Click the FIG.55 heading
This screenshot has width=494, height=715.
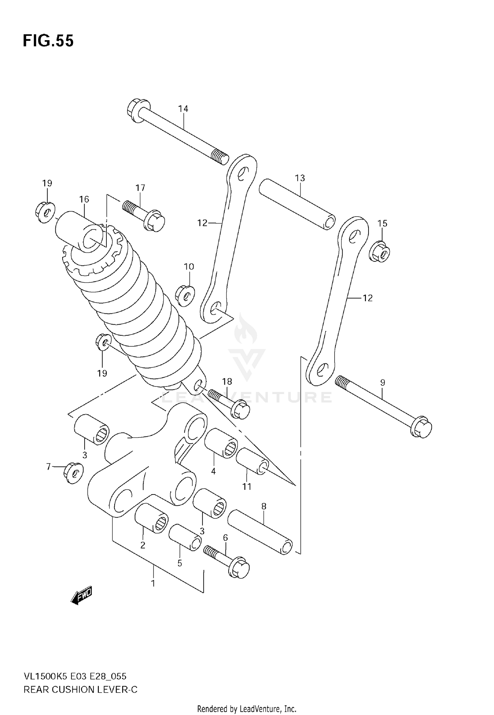click(x=48, y=41)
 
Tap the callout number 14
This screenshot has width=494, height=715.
click(x=183, y=109)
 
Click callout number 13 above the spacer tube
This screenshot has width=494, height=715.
click(x=300, y=178)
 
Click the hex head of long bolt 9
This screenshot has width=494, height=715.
click(x=421, y=428)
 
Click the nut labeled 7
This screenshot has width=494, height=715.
click(x=73, y=473)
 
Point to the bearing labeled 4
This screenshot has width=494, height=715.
click(x=221, y=443)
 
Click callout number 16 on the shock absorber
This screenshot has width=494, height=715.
click(x=84, y=199)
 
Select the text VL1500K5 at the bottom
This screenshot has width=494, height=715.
click(x=45, y=676)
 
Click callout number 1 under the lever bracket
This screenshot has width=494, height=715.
click(x=153, y=583)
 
